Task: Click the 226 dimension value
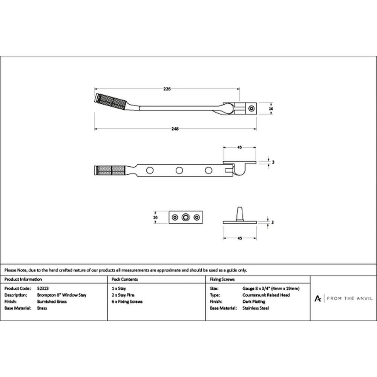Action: coord(167,89)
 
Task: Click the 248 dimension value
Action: coord(175,129)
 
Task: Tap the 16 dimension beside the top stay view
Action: coord(271,109)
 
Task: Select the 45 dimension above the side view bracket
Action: coord(239,147)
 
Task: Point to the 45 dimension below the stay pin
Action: coord(240,238)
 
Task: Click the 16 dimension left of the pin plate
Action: coord(156,218)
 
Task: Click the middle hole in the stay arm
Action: coord(179,170)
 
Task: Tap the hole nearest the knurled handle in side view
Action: coord(150,170)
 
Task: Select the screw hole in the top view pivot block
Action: coord(252,109)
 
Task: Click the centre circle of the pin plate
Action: coord(185,218)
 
